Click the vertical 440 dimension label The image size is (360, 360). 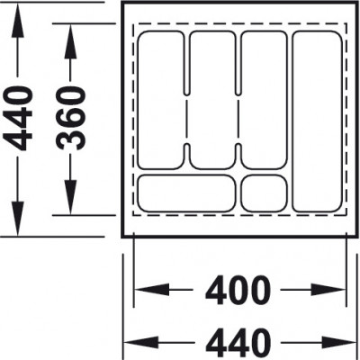pos(18,118)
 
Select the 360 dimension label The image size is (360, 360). pos(71,118)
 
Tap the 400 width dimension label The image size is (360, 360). pos(238,290)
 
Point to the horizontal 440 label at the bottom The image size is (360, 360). pos(238,343)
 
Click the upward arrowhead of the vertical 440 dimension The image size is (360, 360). pos(18,21)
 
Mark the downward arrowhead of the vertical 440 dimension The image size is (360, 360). pos(18,219)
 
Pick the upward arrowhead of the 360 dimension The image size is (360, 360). pos(70,41)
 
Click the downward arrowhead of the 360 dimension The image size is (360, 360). pos(70,197)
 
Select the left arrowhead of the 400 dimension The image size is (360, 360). pos(152,290)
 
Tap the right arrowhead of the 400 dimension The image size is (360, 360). pos(328,290)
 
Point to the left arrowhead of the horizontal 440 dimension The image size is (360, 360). pos(141,342)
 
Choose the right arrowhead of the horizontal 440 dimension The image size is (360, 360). pos(339,342)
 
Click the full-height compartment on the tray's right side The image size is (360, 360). pos(317,121)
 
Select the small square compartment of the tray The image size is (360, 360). pos(264,193)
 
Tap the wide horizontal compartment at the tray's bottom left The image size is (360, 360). pos(186,193)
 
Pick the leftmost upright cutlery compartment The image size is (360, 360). pos(161,100)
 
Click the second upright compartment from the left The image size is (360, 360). pos(212,100)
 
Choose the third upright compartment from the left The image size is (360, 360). pos(264,100)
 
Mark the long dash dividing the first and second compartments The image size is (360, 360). pos(186,120)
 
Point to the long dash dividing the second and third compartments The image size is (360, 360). pos(238,120)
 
